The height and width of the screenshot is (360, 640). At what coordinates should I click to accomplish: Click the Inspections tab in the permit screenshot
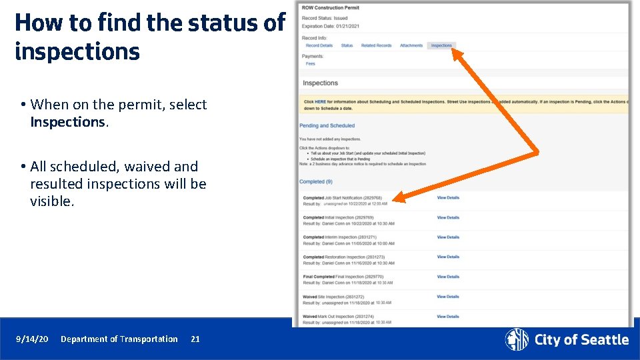tap(441, 45)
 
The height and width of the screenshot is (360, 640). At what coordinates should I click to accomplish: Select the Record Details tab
tap(319, 45)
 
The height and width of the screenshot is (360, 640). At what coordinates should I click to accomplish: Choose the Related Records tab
tap(376, 45)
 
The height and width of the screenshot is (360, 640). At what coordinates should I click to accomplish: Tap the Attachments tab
tap(411, 45)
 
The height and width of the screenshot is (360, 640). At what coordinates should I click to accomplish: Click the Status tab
tap(347, 45)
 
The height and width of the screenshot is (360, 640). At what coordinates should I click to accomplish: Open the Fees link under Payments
tap(310, 64)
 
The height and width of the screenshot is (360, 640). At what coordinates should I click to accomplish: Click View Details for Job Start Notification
tap(448, 197)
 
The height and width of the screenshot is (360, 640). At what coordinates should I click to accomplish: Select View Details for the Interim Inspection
tap(448, 237)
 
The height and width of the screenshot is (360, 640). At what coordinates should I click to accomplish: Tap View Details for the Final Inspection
tap(448, 277)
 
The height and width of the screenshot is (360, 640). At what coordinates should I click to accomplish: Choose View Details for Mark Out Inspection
tap(448, 317)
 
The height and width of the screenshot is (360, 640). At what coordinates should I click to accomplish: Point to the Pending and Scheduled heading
tap(327, 125)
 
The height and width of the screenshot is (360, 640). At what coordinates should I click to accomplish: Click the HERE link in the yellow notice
tap(320, 102)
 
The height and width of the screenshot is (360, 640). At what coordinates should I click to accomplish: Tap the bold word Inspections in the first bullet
tap(67, 122)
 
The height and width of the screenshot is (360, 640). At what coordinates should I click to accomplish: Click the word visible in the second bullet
tap(51, 201)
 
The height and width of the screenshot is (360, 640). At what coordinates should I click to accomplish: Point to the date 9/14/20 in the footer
tap(32, 339)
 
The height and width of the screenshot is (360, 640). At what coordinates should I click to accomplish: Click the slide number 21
tap(195, 339)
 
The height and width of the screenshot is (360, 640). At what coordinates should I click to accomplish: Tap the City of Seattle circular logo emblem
tap(517, 339)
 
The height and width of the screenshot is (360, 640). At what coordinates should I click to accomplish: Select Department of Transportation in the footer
tap(119, 339)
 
